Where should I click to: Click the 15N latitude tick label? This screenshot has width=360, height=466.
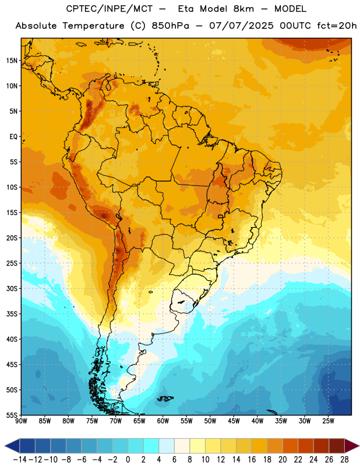tap(12, 61)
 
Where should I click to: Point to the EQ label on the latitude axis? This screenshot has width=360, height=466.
tap(13, 137)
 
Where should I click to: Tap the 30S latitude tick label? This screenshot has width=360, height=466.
tap(12, 288)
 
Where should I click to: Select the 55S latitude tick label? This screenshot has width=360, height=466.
tap(12, 415)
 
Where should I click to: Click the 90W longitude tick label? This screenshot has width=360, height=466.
tap(21, 421)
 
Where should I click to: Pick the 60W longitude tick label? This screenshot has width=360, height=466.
tap(163, 421)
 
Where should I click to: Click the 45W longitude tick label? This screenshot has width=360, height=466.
tap(234, 421)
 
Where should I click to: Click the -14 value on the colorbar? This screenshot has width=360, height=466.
tap(20, 460)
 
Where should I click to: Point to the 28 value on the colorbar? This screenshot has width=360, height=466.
tap(344, 460)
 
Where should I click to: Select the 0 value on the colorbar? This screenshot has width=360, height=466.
tap(128, 460)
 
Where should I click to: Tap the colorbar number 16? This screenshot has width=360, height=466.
tap(252, 460)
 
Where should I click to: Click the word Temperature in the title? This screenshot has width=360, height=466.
tap(93, 26)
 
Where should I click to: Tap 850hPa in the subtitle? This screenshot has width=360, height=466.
tap(170, 26)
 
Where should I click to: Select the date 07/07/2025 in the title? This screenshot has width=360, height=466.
tap(241, 26)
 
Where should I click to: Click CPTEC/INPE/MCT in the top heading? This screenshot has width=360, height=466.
tap(109, 9)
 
